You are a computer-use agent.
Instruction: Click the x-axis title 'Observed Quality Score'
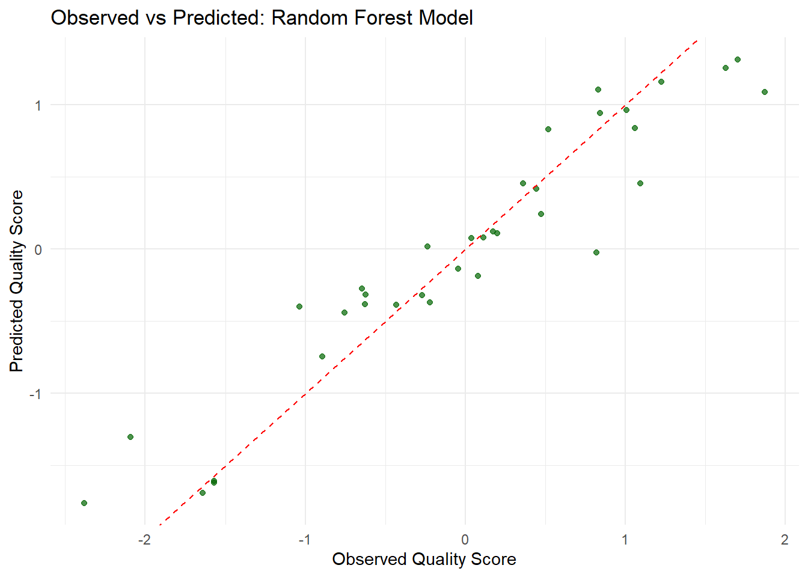pos(424,559)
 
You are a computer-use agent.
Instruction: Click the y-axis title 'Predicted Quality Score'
pos(17,281)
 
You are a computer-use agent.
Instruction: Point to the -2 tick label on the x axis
pos(144,540)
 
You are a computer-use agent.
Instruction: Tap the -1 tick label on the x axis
pos(305,540)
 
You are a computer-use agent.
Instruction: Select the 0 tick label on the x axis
pos(465,540)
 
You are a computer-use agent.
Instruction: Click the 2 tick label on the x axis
pos(785,540)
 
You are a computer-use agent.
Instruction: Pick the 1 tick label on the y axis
pos(38,105)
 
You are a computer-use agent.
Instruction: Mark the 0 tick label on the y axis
pos(38,249)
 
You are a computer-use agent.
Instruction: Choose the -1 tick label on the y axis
pos(36,394)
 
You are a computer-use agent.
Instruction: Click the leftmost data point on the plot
pos(84,503)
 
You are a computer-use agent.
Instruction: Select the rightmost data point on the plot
pos(765,92)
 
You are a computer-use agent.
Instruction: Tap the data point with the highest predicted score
pos(738,60)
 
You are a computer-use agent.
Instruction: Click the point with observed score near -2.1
pos(130,437)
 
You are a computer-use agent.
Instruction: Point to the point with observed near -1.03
pos(299,307)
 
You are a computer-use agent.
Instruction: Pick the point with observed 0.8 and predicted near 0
pos(596,252)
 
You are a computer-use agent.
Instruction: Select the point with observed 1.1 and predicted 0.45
pos(640,183)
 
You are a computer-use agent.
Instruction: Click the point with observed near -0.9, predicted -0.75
pos(322,356)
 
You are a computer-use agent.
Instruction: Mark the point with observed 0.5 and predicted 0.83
pos(548,129)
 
